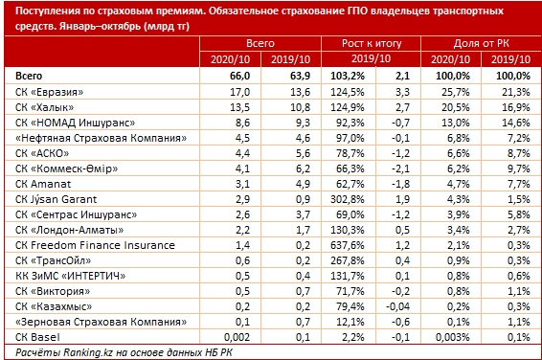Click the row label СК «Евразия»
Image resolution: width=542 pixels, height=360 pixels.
point(50,92)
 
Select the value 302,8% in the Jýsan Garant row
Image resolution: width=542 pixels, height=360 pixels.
point(347,199)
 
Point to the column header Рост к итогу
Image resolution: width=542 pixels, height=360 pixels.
point(372,43)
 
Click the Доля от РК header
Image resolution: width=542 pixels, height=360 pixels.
point(481,43)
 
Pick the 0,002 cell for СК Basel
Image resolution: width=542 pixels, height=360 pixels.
point(237,337)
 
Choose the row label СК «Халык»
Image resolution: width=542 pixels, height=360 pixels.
point(45,107)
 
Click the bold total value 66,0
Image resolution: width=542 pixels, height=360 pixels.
point(240,76)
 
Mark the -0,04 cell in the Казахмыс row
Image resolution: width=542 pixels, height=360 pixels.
point(397,306)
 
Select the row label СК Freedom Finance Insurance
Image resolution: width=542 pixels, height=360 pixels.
point(95,245)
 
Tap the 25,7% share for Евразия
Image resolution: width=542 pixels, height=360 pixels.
point(456,92)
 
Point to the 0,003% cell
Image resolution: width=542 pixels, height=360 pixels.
point(453,337)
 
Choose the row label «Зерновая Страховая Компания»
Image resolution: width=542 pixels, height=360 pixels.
point(101,322)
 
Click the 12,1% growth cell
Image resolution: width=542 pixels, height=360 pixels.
point(350,322)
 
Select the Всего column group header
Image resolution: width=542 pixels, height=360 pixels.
point(260,43)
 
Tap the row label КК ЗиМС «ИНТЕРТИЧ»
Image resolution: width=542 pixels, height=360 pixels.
point(70,276)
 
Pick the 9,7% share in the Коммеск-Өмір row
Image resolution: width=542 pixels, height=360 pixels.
point(519,169)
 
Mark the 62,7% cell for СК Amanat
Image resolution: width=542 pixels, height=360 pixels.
point(350,184)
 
